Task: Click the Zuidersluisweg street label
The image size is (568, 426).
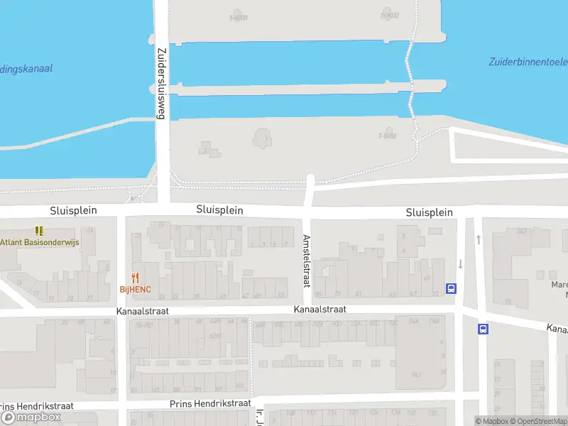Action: coord(161,84)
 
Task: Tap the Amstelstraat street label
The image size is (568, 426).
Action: coord(307,261)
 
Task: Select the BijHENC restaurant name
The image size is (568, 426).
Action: coord(135,290)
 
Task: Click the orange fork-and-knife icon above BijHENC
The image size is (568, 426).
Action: coord(135,278)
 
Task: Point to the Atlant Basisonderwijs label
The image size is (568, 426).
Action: coord(40,242)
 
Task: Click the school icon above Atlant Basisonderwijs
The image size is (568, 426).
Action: coord(39,231)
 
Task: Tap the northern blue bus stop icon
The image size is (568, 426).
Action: coord(451,288)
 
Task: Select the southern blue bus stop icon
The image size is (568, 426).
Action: coord(483,329)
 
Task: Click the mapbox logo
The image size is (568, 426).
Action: coord(31,417)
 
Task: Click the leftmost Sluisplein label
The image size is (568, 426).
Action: coord(73,211)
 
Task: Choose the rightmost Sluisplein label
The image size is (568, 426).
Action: coord(429,212)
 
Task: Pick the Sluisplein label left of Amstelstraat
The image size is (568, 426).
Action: coord(219,210)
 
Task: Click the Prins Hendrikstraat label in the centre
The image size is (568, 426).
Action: coord(210,403)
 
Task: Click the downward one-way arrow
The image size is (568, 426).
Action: coord(460,263)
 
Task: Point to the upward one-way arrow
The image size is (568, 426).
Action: coord(479,239)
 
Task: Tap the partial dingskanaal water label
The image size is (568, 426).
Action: coord(26,69)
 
